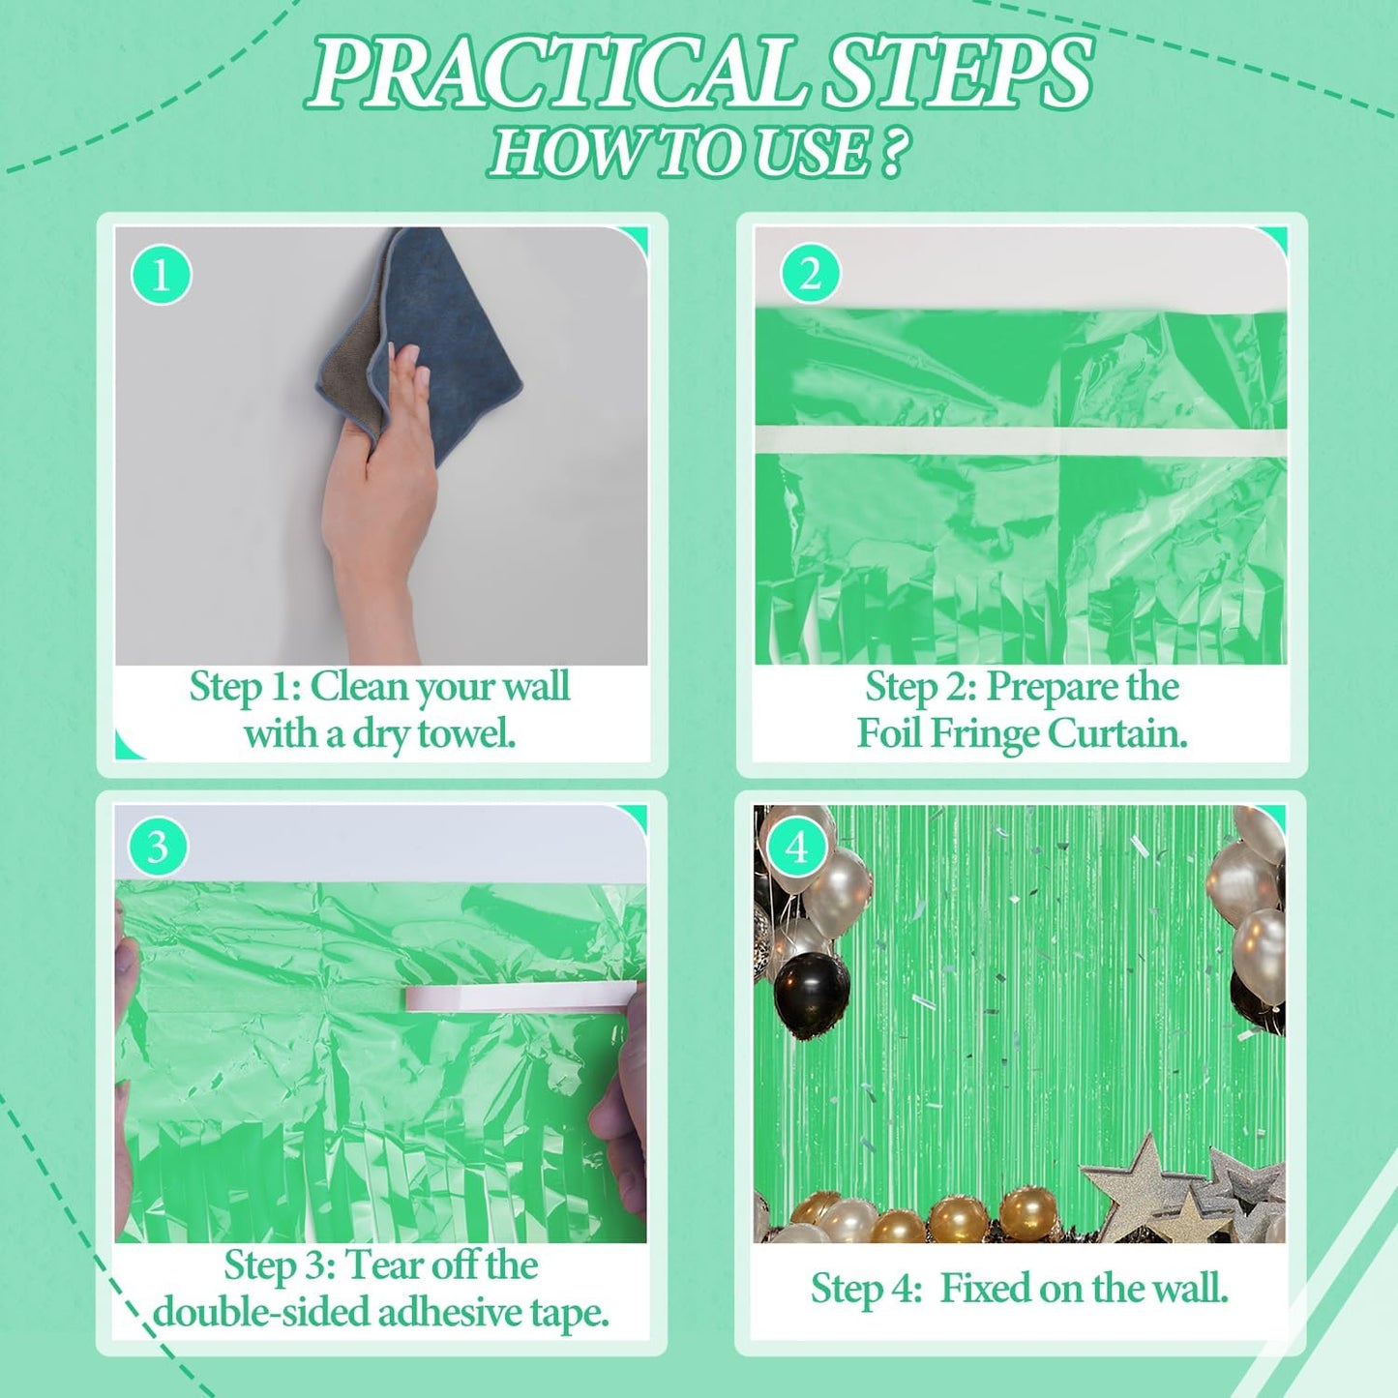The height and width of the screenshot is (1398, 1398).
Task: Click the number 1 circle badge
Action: tap(161, 275)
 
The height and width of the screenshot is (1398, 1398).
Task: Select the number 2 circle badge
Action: tap(810, 274)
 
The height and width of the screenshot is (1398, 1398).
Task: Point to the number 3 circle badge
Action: tap(158, 848)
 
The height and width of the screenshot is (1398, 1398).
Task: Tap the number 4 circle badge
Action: tap(796, 848)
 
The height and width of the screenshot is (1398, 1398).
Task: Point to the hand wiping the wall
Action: tap(382, 484)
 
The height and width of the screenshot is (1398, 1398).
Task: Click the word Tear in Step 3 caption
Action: tap(384, 1265)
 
